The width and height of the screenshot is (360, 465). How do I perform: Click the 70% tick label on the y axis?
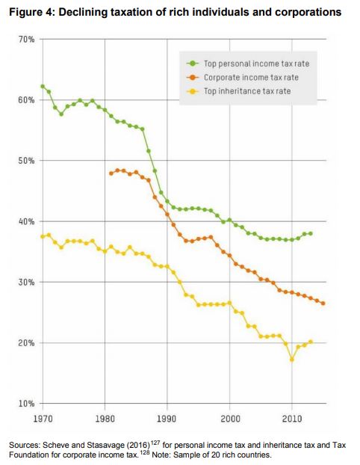[x=26, y=39]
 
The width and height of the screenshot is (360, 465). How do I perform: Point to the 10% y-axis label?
[x=26, y=404]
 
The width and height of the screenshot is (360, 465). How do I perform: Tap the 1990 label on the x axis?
[x=167, y=419]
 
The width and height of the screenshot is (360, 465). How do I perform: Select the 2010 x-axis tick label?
[x=292, y=419]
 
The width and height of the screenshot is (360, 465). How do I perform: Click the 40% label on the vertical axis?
[x=26, y=221]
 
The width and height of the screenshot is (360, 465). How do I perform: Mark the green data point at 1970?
[x=43, y=86]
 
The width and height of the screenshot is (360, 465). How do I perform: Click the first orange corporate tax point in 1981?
[x=111, y=173]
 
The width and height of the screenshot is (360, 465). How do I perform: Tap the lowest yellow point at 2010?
[x=292, y=360]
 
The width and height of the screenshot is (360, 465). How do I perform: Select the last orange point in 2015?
[x=323, y=304]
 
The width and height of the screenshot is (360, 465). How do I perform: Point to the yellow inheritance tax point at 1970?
[x=43, y=236]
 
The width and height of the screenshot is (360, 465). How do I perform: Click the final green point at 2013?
[x=311, y=233]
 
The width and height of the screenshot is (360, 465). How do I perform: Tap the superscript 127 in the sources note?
[x=155, y=443]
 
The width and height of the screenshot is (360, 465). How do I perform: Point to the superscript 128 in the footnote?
[x=145, y=452]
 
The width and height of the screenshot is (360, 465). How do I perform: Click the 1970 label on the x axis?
[x=43, y=419]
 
